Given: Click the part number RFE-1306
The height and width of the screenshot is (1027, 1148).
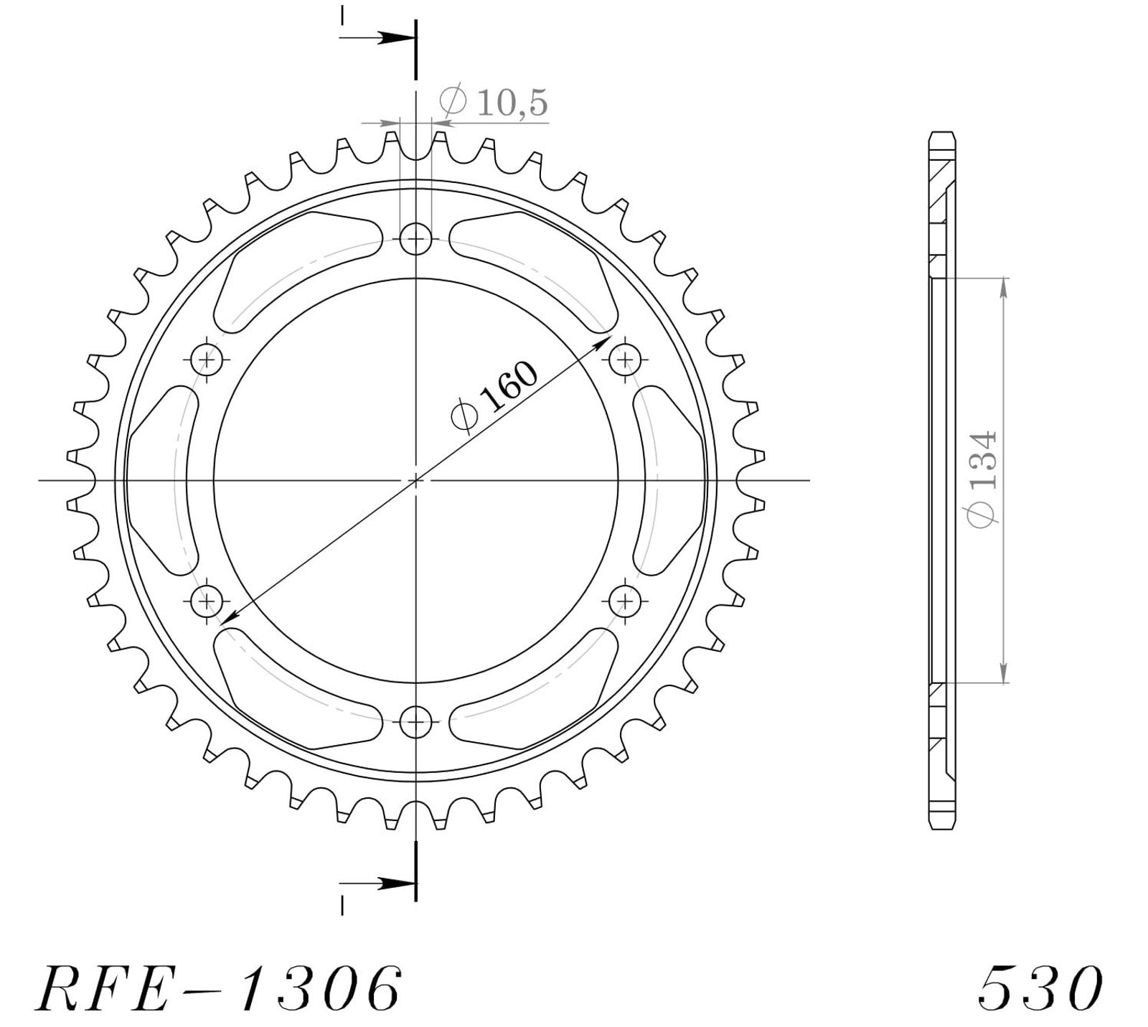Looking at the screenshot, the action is pyautogui.click(x=218, y=988).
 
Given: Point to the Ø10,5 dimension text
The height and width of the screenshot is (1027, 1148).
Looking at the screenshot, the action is pyautogui.click(x=494, y=103).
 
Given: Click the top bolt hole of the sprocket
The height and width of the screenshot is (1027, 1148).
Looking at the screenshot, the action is pyautogui.click(x=416, y=238).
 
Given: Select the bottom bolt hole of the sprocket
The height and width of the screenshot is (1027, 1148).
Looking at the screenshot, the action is pyautogui.click(x=416, y=721).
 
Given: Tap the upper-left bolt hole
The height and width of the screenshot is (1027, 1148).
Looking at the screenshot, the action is pyautogui.click(x=208, y=358).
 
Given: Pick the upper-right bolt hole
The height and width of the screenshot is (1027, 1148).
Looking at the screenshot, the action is pyautogui.click(x=625, y=358).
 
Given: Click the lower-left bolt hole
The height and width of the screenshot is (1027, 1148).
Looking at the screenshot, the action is pyautogui.click(x=208, y=599).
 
